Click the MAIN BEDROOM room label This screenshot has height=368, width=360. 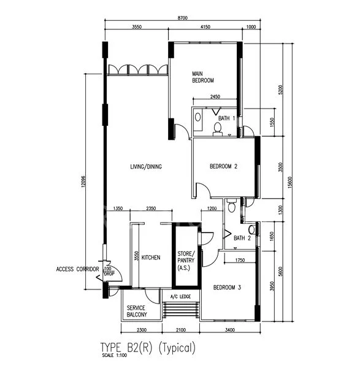pos(203,77)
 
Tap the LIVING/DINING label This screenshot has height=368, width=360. pos(146,167)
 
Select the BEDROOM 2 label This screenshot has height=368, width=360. pos(223,166)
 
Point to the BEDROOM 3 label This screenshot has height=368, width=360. pos(227,287)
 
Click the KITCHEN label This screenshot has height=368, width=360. pos(151,258)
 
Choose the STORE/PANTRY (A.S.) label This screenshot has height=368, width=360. pos(186,261)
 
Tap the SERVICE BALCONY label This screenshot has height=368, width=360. pos(137,311)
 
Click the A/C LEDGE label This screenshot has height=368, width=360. pos(180,297)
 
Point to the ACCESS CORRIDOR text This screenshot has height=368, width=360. pos(77,269)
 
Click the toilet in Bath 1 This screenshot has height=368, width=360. pos(218,129)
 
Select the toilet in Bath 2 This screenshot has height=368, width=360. pos(232,205)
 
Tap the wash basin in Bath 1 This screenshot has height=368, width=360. pos(198,117)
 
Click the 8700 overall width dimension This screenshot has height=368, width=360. pos(183,18)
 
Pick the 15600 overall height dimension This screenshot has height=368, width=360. pos(290,182)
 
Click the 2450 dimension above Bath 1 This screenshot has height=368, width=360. pos(215,96)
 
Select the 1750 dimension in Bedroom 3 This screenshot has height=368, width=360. pos(240,260)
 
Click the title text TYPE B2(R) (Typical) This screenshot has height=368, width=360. pos(148,347)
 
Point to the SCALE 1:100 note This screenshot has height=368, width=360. pos(115,355)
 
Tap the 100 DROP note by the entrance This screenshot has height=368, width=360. pos(109,271)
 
